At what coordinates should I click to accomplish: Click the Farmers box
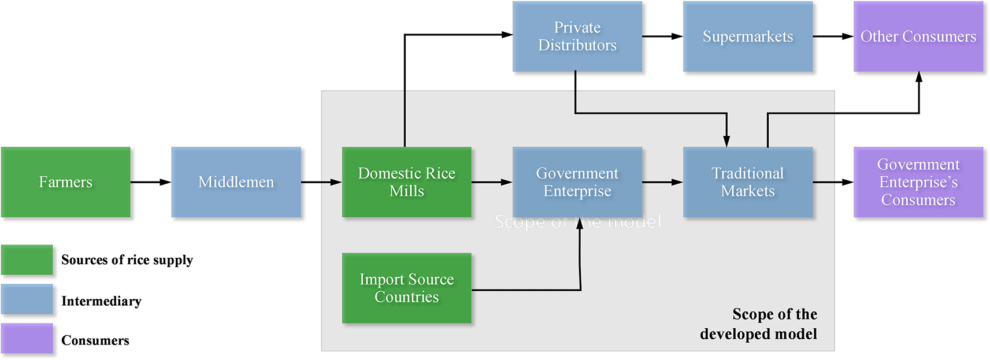tap(65, 182)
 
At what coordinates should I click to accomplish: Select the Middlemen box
tap(236, 182)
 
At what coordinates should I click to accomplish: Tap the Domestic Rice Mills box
tap(406, 182)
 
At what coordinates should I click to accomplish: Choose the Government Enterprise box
tap(577, 182)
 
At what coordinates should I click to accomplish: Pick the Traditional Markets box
tap(747, 182)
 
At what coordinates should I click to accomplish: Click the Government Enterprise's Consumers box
tap(918, 182)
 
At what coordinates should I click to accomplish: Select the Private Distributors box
tap(577, 36)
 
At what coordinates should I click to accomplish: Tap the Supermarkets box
tap(747, 36)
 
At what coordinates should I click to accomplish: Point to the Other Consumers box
tap(918, 36)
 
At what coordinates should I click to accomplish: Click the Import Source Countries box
tap(406, 288)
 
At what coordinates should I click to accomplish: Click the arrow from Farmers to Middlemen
tap(150, 182)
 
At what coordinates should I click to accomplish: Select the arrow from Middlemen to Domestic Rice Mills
tap(321, 182)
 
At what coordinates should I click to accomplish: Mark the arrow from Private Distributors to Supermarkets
tap(662, 36)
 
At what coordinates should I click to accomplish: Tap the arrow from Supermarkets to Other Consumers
tap(833, 36)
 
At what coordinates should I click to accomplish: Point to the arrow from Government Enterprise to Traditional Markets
tap(662, 182)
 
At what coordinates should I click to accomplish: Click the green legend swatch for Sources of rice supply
tap(27, 259)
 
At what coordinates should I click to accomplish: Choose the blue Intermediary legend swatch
tap(27, 299)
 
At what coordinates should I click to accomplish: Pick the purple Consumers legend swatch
tap(27, 339)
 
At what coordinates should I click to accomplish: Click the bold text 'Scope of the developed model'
tap(759, 324)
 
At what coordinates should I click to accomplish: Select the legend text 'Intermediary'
tap(101, 301)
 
